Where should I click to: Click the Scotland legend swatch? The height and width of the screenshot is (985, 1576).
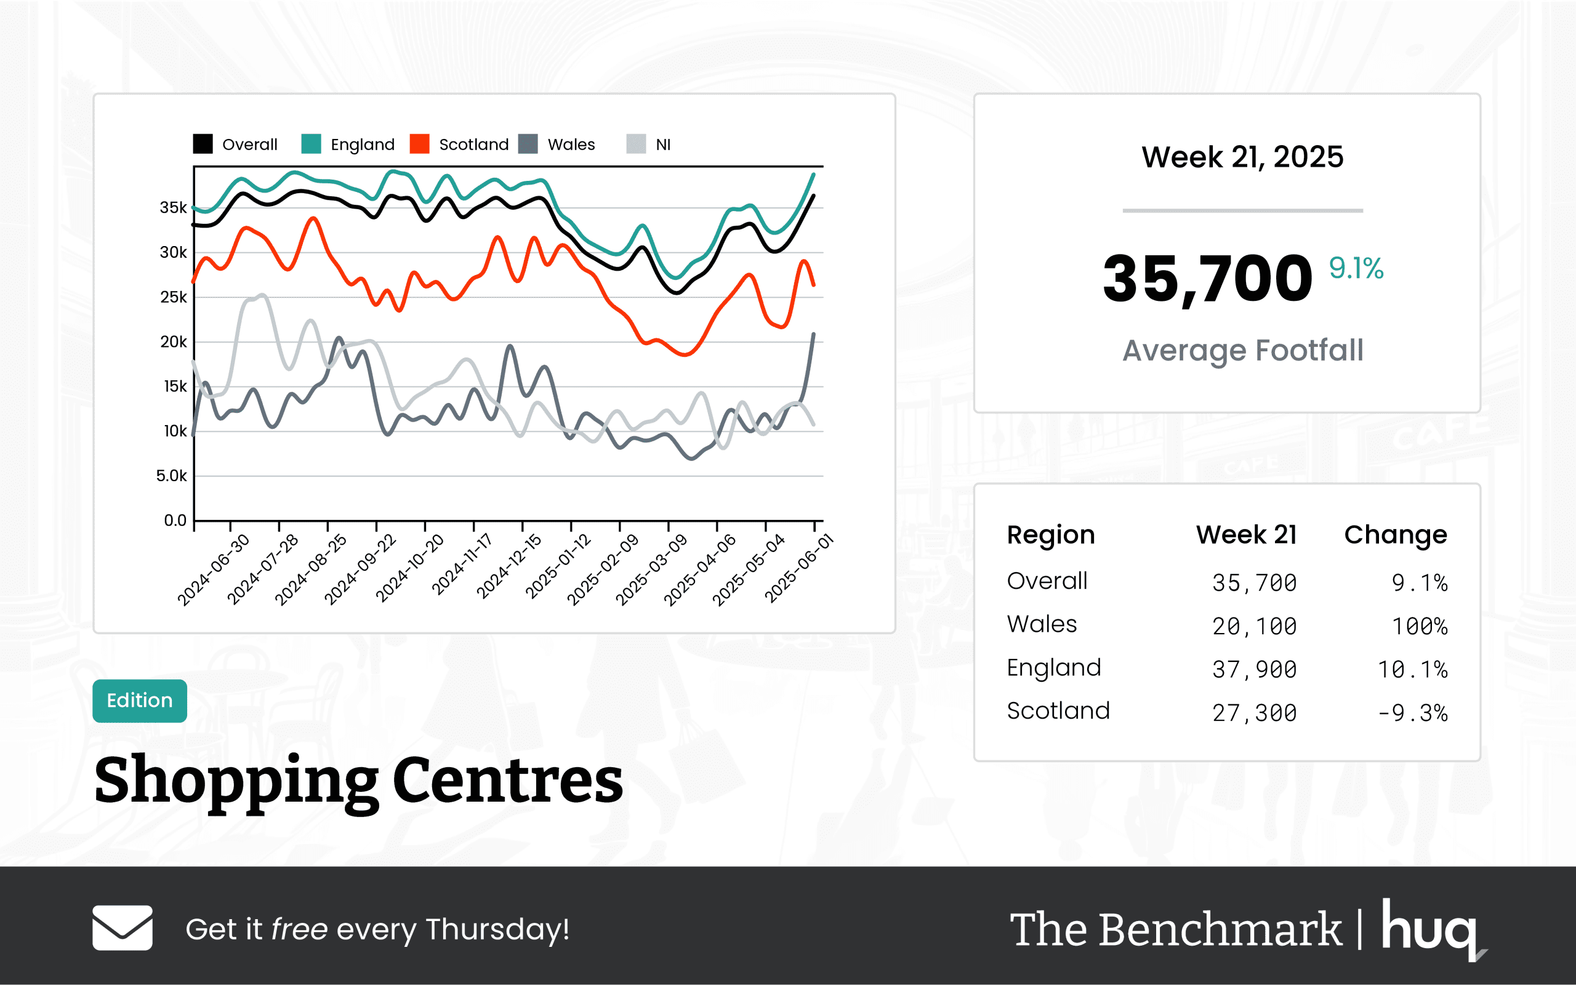click(x=419, y=144)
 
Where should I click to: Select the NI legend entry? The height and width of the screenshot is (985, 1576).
click(x=662, y=145)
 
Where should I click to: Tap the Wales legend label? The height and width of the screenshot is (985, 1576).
click(x=571, y=145)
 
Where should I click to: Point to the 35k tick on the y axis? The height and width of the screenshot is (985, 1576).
click(x=174, y=208)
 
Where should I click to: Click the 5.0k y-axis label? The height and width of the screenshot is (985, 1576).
click(x=171, y=476)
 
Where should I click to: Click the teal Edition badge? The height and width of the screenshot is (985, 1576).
click(x=140, y=700)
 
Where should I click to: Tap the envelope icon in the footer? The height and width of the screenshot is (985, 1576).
click(x=123, y=928)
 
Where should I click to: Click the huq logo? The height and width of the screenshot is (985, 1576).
click(x=1431, y=928)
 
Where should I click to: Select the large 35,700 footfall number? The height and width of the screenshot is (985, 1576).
click(x=1207, y=279)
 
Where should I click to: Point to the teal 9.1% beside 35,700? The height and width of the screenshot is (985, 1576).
click(x=1356, y=268)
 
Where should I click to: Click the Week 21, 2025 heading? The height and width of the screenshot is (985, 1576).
click(x=1242, y=157)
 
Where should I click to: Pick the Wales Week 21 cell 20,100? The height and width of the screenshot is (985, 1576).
click(x=1254, y=626)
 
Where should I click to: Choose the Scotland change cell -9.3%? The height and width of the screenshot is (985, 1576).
click(x=1412, y=712)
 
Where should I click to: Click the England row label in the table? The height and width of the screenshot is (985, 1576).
click(x=1053, y=668)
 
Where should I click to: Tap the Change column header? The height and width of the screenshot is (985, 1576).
click(x=1396, y=535)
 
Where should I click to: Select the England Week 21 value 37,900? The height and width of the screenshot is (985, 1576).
click(x=1254, y=669)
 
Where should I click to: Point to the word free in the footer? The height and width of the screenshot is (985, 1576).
click(x=299, y=929)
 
